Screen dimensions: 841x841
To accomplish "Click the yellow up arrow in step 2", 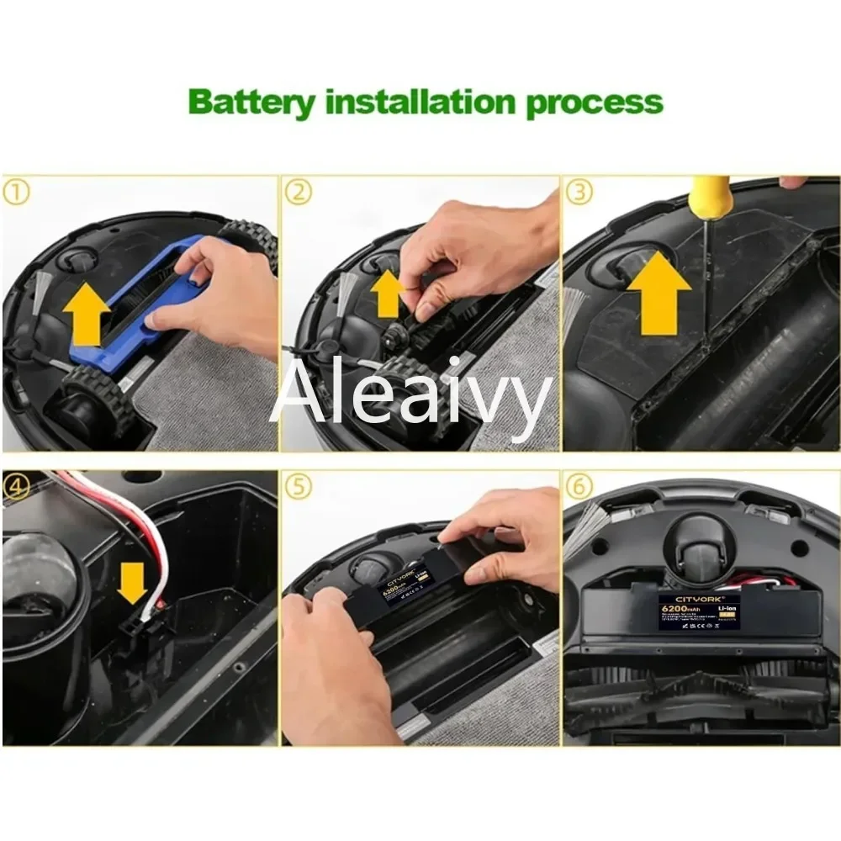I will tap(388, 294).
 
